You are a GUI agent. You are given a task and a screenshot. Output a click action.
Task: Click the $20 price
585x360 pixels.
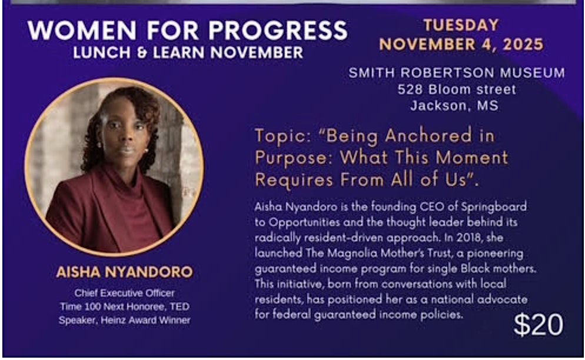point(538,325)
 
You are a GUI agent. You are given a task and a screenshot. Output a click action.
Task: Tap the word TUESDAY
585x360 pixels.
point(461,25)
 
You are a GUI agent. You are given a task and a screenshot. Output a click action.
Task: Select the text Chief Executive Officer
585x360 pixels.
point(124,292)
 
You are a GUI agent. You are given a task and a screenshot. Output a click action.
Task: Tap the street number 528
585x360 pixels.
point(410,90)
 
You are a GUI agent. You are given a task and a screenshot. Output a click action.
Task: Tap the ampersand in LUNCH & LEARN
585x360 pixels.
point(138,52)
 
